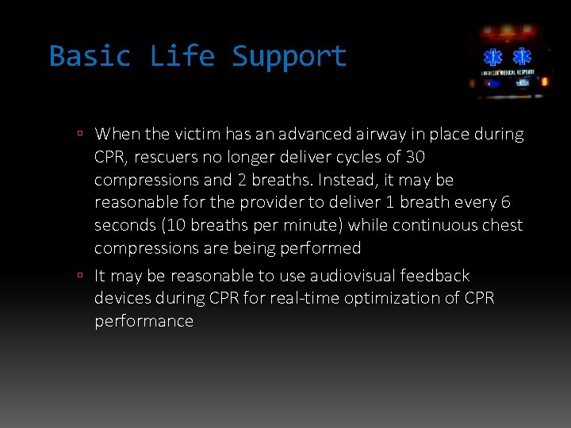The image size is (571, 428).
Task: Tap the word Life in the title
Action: click(x=182, y=56)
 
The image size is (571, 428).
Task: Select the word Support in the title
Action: click(x=289, y=56)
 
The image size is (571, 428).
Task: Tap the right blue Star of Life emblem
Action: click(x=522, y=57)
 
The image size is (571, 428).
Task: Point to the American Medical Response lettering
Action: click(x=508, y=72)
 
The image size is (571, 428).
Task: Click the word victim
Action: click(x=197, y=134)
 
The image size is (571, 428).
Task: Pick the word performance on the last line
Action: click(x=144, y=321)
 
